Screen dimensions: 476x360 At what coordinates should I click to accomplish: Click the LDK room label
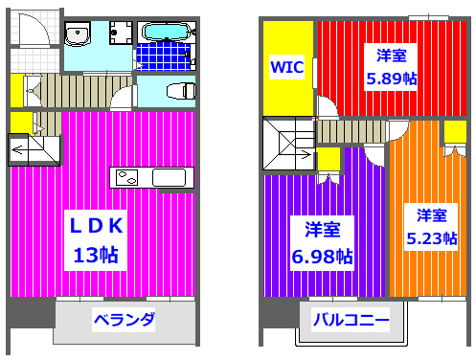click(95, 227)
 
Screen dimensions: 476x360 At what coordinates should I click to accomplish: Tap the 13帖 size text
click(95, 256)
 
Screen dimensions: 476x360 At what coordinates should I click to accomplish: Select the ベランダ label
click(124, 319)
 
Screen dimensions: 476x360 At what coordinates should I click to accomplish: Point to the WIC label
click(286, 68)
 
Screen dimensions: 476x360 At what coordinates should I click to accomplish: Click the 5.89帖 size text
click(391, 79)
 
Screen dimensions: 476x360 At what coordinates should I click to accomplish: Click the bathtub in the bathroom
click(166, 33)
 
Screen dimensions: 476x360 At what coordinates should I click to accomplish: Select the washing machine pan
click(120, 36)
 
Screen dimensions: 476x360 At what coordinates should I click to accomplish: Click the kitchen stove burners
click(126, 177)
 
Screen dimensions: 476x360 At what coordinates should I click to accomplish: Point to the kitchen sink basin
click(169, 178)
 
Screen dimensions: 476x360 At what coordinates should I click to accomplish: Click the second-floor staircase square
click(287, 145)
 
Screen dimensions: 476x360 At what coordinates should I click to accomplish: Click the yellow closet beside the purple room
click(328, 158)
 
